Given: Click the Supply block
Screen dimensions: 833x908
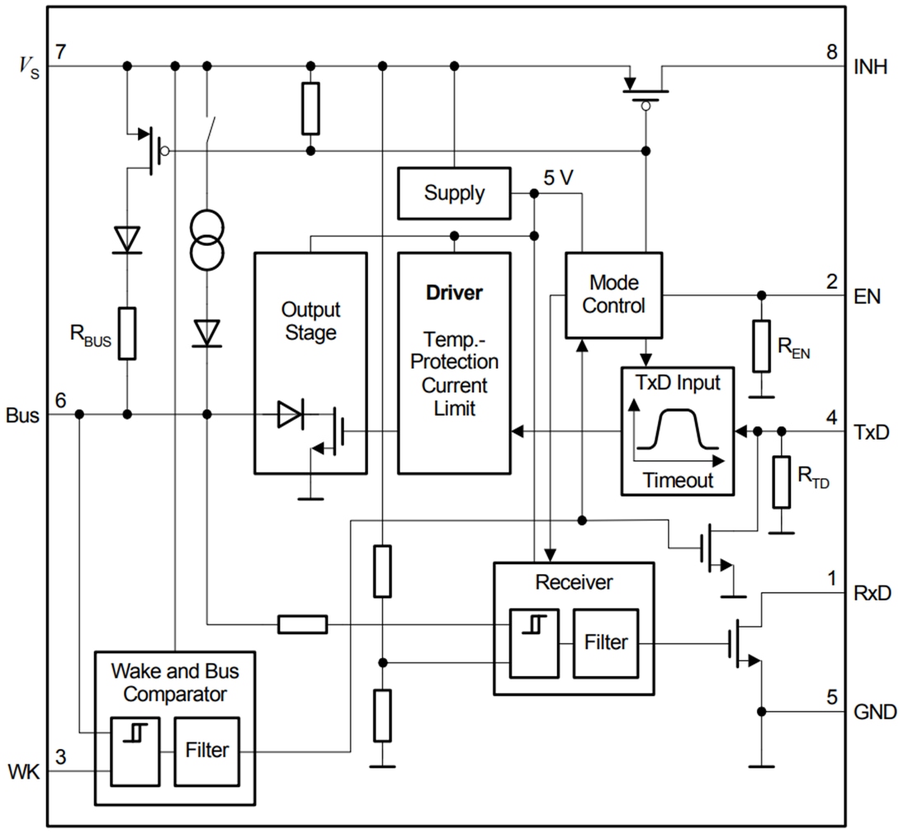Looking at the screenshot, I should [x=453, y=193].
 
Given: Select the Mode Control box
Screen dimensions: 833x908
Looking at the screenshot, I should [x=612, y=294].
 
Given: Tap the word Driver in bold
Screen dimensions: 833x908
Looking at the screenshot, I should [x=453, y=293].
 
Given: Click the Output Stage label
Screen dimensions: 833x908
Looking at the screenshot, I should [x=310, y=321].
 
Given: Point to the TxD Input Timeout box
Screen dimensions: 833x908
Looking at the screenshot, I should [x=677, y=431].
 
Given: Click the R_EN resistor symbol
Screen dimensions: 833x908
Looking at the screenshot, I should [x=761, y=346].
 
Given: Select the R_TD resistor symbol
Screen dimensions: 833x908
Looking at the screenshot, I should [x=781, y=482].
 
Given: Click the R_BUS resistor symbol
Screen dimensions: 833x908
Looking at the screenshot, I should [x=127, y=333].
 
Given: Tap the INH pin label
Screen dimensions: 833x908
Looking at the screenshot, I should [x=871, y=68].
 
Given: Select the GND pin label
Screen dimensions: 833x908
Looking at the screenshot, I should [x=874, y=711].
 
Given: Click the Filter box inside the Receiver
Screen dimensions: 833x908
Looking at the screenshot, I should [x=606, y=642].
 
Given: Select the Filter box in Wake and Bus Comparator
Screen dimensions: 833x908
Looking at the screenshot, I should [x=206, y=751].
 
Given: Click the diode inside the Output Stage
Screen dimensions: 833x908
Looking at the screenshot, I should [x=291, y=415].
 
